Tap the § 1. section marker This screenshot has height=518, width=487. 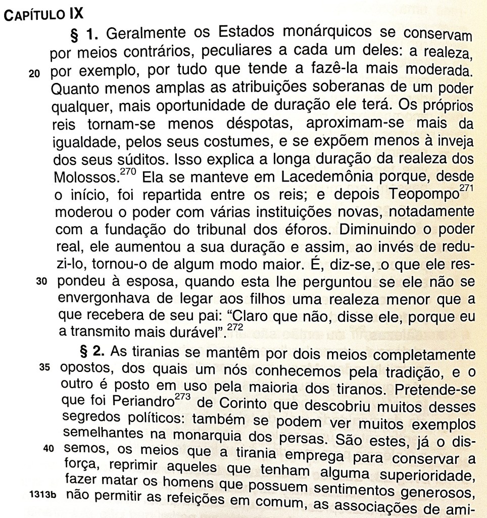click(x=87, y=35)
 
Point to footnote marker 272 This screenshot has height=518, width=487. click(x=234, y=327)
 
